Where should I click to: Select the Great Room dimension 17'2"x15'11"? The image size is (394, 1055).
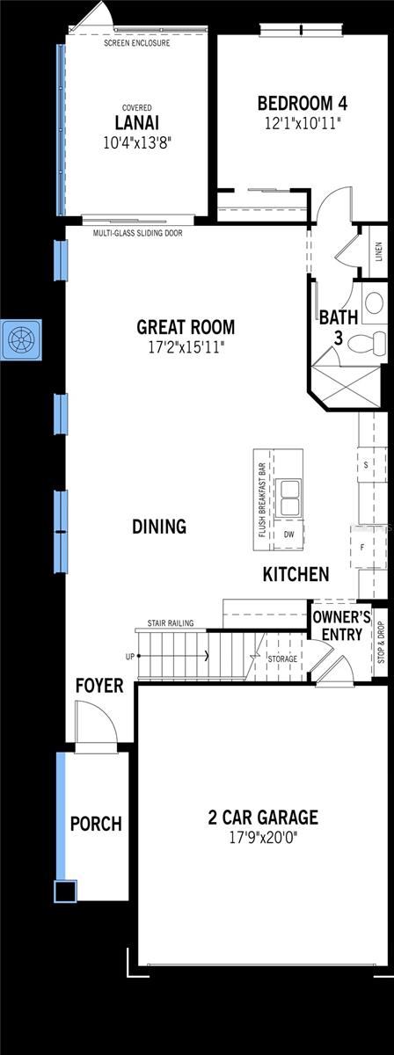point(186,346)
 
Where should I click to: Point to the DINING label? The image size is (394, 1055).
point(159,527)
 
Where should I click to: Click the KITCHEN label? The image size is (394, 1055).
point(295,574)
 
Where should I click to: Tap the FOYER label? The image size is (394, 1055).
point(98,685)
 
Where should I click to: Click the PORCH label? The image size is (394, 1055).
point(96,824)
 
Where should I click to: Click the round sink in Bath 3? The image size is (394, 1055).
point(374,304)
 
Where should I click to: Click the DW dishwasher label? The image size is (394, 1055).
point(288,534)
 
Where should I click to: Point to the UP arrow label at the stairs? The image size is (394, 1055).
point(131,656)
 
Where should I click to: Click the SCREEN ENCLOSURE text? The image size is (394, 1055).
point(136,43)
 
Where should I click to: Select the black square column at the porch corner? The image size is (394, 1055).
point(63,891)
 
